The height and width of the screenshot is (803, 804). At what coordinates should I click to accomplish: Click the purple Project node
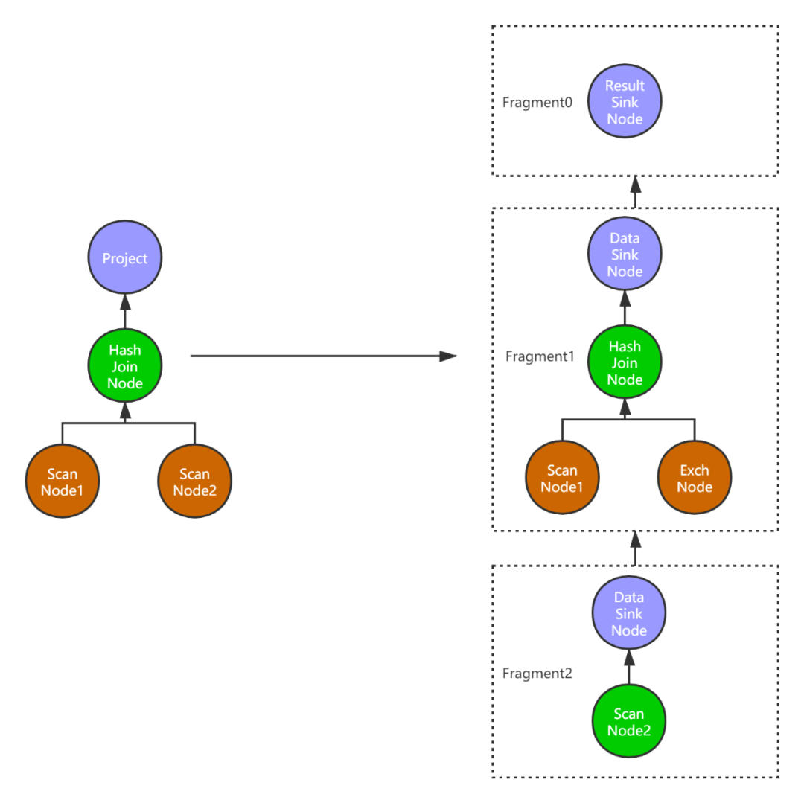pos(124,258)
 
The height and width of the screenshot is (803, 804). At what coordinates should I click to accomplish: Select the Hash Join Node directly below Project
pos(124,366)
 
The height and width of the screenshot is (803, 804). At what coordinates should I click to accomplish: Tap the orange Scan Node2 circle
pos(194,482)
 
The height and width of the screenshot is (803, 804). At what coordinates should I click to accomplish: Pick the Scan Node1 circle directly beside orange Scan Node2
pos(62,482)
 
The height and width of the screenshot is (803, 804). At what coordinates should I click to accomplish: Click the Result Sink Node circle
pos(625,102)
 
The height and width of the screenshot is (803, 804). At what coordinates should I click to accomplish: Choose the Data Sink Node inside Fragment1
pos(625,255)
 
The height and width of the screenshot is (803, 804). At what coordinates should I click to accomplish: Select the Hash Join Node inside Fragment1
pos(625,362)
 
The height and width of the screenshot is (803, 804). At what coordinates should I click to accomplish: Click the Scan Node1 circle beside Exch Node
pos(562,478)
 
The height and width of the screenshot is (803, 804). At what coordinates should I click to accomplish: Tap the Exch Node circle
pos(695,478)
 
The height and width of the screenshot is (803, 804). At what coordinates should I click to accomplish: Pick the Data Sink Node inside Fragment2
pos(629,613)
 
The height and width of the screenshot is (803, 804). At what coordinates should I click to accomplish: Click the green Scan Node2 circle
pos(629,722)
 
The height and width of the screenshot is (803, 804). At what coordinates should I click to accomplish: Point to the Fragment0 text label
pos(537,103)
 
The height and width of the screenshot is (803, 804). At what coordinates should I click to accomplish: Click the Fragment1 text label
pos(540,356)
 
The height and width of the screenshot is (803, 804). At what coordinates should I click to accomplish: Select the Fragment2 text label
pos(537,674)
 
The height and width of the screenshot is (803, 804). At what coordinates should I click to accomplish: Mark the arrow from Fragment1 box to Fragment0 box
pos(635,193)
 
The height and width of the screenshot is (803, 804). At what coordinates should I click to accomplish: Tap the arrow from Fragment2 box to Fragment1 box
pos(635,548)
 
